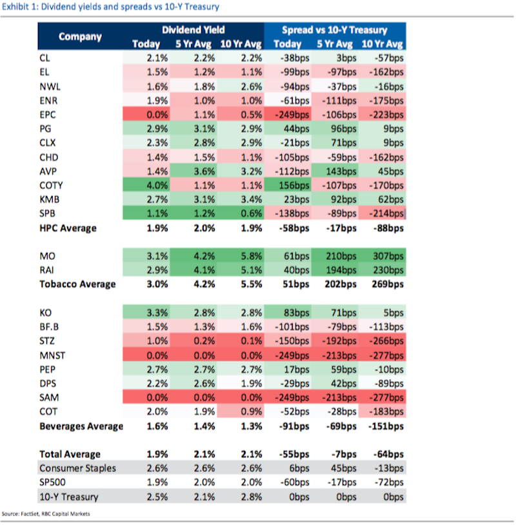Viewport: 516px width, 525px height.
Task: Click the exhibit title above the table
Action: pyautogui.click(x=110, y=7)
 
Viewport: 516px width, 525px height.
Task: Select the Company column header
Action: pyautogui.click(x=80, y=36)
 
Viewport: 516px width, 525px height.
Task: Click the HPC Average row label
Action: pyautogui.click(x=69, y=228)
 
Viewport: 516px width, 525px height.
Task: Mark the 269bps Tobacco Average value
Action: pyautogui.click(x=386, y=284)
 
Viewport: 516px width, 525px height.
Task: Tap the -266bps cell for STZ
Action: pyautogui.click(x=385, y=341)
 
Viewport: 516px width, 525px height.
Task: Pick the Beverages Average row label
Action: pyautogui.click(x=81, y=426)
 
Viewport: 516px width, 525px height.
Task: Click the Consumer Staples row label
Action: pyautogui.click(x=77, y=468)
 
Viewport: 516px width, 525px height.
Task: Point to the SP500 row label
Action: pyautogui.click(x=54, y=482)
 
